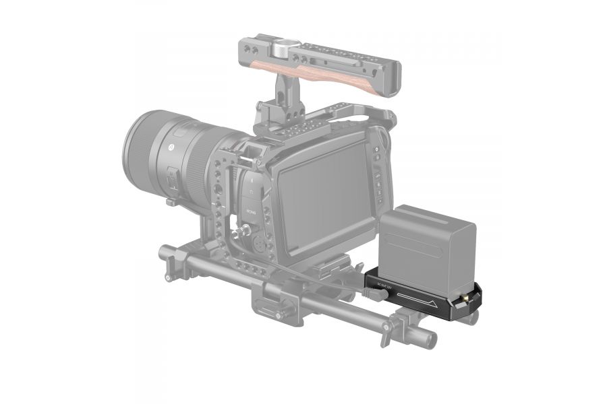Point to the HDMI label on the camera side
click(251, 211)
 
